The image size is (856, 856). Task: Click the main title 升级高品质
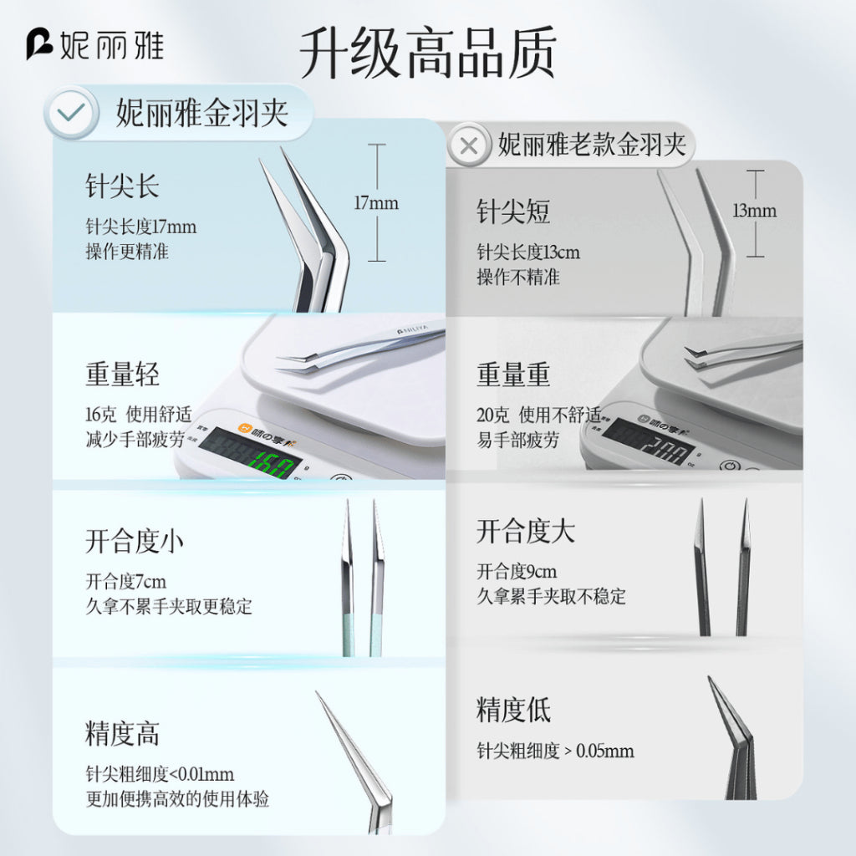[x=428, y=53]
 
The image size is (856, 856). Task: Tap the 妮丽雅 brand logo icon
[x=39, y=44]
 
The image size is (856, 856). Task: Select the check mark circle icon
[x=72, y=113]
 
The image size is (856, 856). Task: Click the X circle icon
[x=468, y=145]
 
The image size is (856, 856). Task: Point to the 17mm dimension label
[x=376, y=203]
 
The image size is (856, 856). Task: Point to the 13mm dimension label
[x=755, y=210]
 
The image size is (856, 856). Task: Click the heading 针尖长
[x=122, y=186]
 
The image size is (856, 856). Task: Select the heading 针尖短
[x=513, y=211]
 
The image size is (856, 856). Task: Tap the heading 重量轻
[x=122, y=374]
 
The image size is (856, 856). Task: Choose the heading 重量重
[x=513, y=374]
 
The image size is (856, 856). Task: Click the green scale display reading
[x=272, y=463]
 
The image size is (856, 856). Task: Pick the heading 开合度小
[x=135, y=541]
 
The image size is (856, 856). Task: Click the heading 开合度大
[x=526, y=531]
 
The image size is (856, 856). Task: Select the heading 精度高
[x=122, y=733]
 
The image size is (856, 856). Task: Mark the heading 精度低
[x=513, y=709]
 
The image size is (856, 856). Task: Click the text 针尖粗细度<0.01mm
[x=160, y=774]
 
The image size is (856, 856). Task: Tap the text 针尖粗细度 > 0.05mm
[x=555, y=751]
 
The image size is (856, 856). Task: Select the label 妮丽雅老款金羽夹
[x=592, y=145]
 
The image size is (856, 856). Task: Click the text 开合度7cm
[x=125, y=582]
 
